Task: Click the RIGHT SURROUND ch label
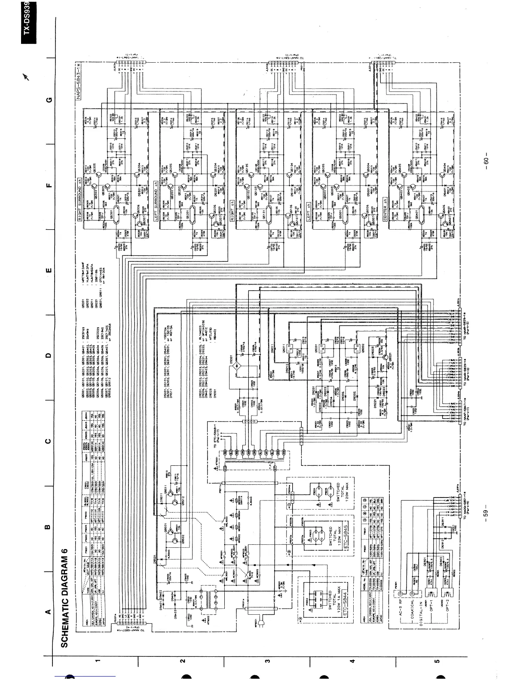coord(79,197)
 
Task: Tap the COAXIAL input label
coord(412,610)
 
